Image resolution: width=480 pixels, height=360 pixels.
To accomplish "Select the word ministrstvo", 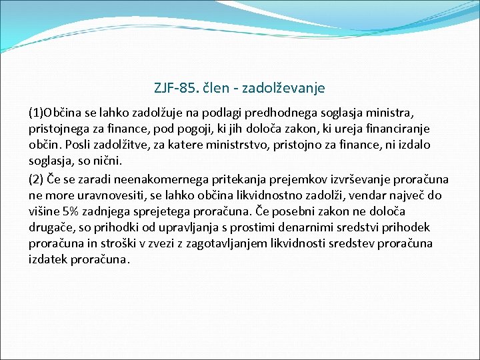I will (235, 145).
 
